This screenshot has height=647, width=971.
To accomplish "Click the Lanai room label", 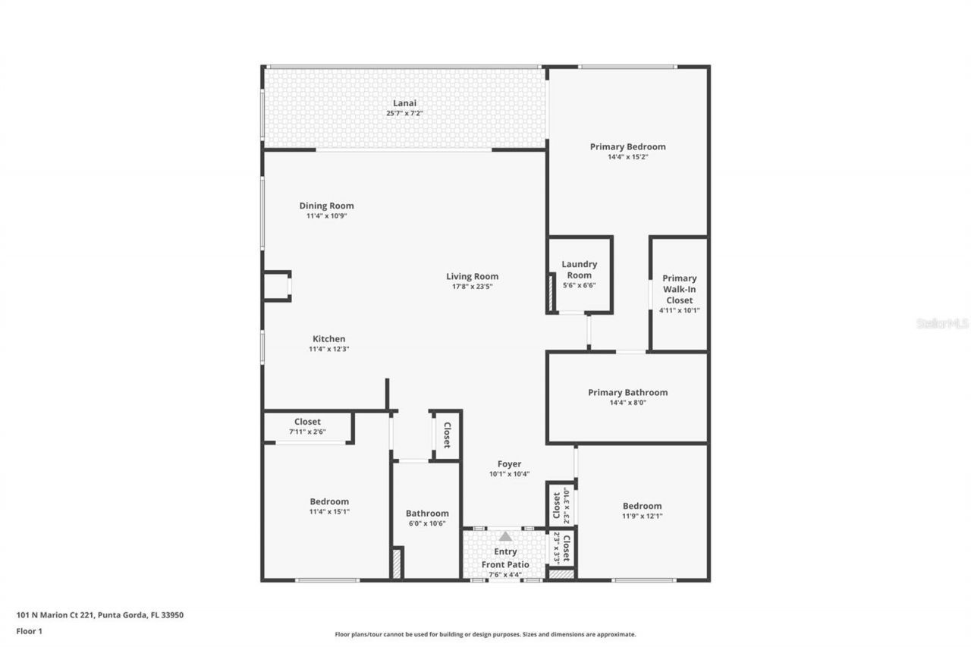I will [x=404, y=103].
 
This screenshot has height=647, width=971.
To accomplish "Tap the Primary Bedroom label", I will [x=627, y=146].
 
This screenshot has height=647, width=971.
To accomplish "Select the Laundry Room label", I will [x=579, y=269].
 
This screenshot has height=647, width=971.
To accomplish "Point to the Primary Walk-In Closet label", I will [x=679, y=289].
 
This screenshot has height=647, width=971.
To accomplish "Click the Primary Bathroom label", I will [x=627, y=392].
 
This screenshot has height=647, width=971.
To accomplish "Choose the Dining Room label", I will [x=326, y=206].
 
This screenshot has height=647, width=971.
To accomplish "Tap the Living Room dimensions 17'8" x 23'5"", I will [x=472, y=287].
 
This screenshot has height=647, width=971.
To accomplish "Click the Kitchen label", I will [x=328, y=339].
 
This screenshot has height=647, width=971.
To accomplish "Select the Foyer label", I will [x=509, y=464].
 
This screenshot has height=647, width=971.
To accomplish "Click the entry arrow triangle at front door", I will [x=505, y=536].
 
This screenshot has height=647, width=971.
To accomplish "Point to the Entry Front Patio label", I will [x=506, y=558].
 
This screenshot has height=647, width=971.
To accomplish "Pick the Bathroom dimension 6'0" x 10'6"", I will [x=427, y=523].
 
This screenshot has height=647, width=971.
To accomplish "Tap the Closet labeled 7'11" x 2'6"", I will [x=307, y=426].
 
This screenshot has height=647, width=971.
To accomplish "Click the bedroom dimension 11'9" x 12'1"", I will [x=642, y=516].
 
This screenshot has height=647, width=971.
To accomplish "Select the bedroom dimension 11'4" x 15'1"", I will [x=329, y=511].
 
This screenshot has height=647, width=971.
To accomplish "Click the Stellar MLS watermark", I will [x=942, y=323].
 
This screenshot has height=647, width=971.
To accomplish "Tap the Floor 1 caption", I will [x=29, y=630].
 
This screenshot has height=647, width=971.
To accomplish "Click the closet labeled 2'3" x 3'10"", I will [x=560, y=504].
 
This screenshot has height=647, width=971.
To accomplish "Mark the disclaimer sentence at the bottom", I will [x=485, y=634].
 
